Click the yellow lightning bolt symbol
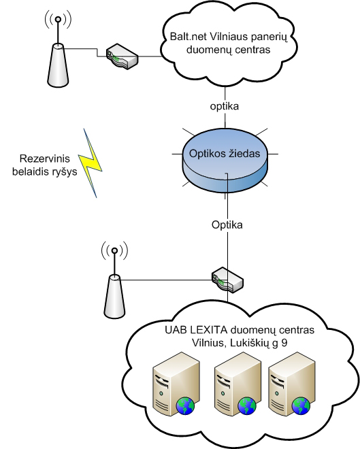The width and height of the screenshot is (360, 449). point(91,163)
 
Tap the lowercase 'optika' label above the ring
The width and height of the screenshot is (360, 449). point(225,106)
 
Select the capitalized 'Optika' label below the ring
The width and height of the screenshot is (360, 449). point(227,224)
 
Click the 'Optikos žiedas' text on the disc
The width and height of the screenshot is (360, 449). point(225,154)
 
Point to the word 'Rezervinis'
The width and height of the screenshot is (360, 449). point(45,159)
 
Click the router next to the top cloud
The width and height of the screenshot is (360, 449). point(122,56)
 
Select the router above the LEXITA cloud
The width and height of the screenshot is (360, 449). point(227,280)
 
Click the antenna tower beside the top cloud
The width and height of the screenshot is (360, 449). point(58,49)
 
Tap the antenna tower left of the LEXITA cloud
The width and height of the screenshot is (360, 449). point(114,280)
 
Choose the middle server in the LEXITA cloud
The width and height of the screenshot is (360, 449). point(238,384)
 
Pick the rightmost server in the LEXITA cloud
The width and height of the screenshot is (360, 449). point(291,384)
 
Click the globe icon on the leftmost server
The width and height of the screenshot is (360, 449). point(185,405)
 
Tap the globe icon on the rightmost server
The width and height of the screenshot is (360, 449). point(301,405)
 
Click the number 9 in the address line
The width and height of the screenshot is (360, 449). point(284,343)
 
